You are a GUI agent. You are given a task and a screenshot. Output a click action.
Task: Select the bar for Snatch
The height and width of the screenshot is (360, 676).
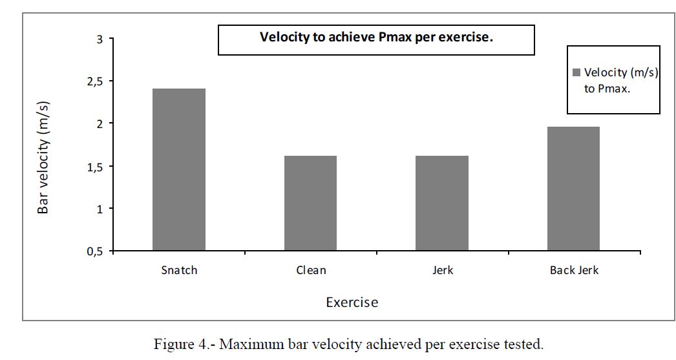pos(179,169)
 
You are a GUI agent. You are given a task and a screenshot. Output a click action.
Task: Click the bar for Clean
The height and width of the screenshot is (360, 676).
pos(310,203)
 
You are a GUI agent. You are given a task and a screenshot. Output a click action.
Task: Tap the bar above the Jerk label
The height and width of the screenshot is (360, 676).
pos(442,203)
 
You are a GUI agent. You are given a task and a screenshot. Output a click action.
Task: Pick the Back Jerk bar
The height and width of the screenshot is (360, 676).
pos(574,189)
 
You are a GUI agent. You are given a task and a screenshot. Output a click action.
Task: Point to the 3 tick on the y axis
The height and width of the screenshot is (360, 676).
pos(100,39)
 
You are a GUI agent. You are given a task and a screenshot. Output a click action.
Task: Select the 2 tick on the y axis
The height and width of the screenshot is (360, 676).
pos(100,123)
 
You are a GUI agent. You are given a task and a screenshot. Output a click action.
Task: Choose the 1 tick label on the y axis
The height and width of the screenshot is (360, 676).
pos(100,208)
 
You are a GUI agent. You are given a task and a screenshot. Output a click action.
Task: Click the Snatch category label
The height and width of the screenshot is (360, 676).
pos(179,270)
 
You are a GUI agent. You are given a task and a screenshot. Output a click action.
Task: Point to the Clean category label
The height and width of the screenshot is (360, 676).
pos(310,270)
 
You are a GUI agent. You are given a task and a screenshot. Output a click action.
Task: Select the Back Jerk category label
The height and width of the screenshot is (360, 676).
pos(574,270)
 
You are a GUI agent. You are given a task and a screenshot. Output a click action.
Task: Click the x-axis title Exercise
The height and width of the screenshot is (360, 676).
pos(352,302)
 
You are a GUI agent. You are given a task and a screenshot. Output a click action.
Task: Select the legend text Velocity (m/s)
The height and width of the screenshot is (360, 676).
pos(620,73)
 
